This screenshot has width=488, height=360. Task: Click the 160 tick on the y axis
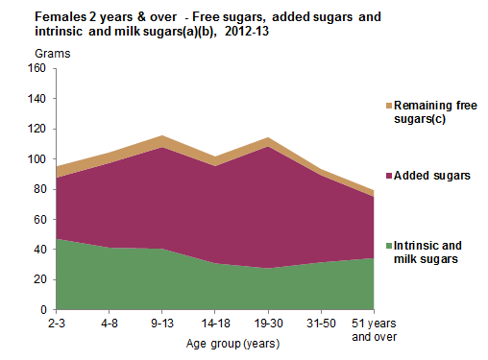tap(37, 68)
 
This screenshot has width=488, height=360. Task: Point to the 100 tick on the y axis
tap(37, 159)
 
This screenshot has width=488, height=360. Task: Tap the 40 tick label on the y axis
tap(40, 250)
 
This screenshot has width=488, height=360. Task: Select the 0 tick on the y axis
tap(43, 310)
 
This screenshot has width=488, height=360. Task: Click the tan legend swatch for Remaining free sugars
tap(387, 104)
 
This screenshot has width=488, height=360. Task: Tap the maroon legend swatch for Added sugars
tap(387, 176)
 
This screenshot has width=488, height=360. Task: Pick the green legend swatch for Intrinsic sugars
tap(387, 244)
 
